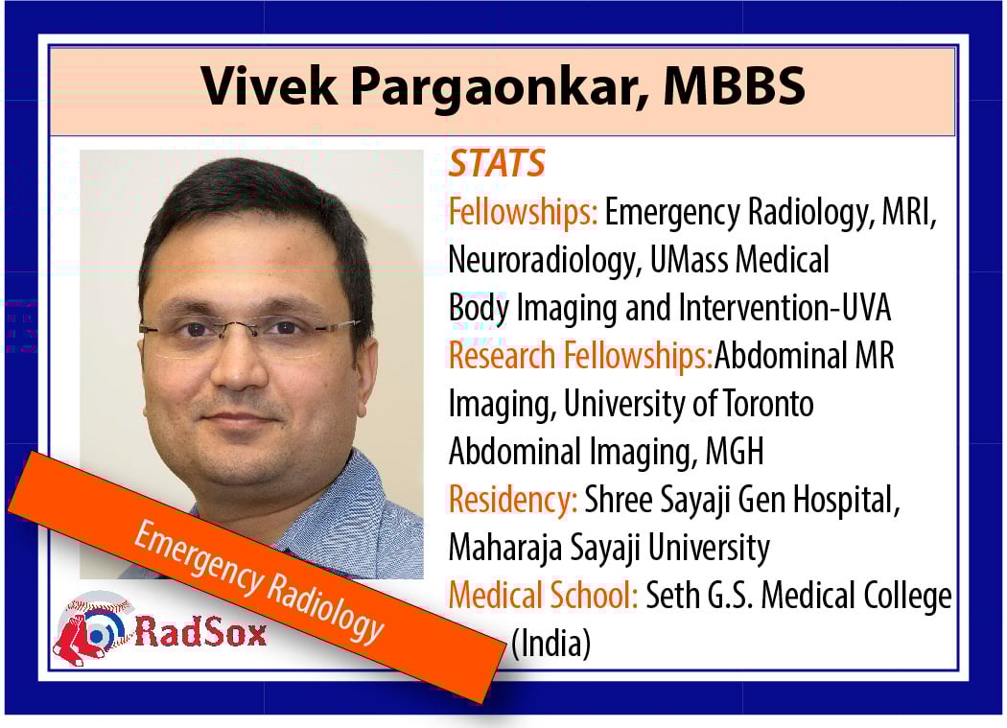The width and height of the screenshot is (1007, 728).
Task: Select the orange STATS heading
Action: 497,163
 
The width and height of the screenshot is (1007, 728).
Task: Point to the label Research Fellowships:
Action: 580,356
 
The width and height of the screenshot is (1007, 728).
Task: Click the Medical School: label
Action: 543,596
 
